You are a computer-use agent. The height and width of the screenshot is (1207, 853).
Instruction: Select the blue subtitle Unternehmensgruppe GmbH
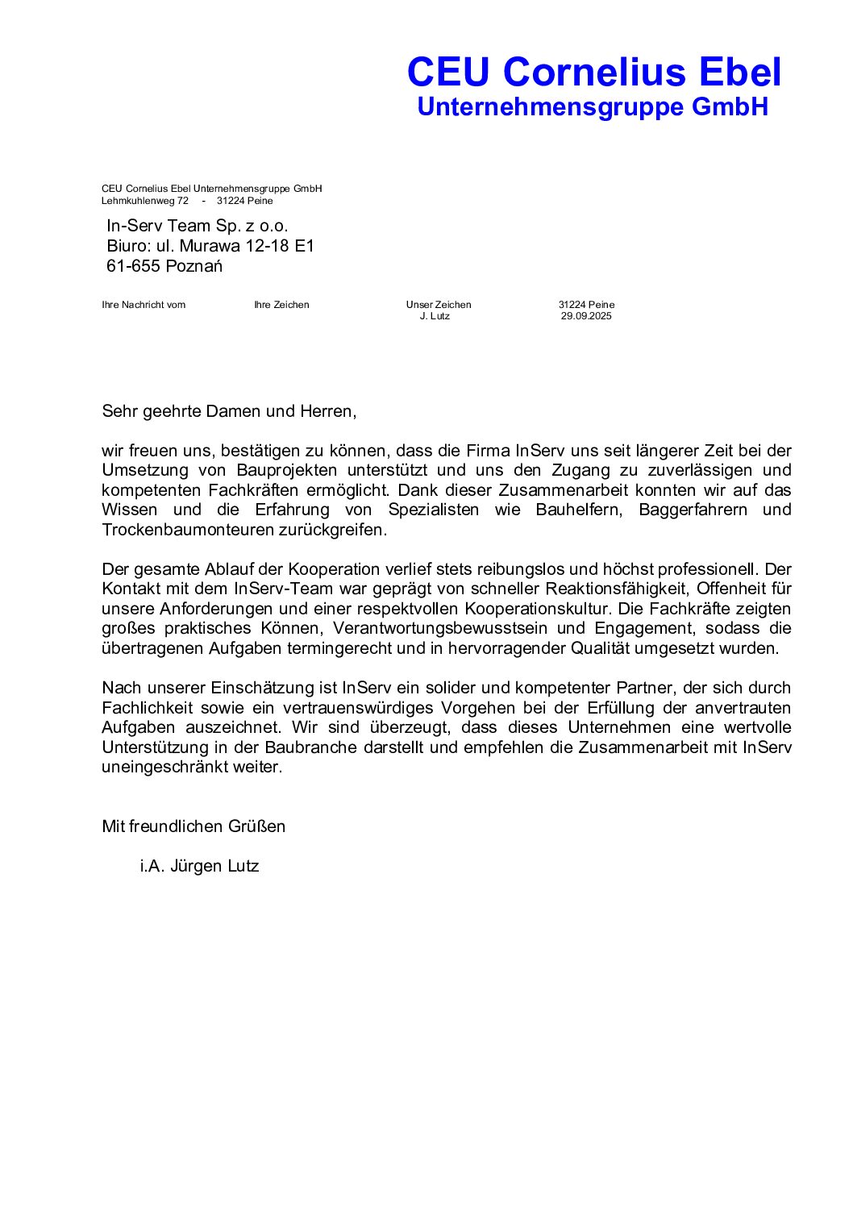click(x=593, y=107)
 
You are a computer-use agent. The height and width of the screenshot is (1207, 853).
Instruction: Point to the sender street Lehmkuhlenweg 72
click(x=145, y=201)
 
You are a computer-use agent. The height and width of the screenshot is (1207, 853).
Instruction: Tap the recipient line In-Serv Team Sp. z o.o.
click(x=198, y=226)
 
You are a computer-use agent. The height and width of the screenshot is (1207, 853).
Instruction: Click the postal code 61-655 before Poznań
click(x=133, y=266)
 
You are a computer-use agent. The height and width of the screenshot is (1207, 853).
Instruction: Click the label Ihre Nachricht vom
click(x=144, y=305)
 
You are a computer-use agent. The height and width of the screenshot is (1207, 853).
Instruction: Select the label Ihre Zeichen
click(x=281, y=305)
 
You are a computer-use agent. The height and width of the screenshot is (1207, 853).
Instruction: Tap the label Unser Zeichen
click(x=439, y=305)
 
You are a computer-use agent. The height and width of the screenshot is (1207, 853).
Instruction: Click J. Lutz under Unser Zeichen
click(x=435, y=316)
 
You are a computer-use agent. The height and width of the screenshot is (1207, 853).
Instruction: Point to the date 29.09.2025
click(x=586, y=316)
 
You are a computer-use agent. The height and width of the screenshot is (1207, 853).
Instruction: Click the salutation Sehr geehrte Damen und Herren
click(x=229, y=411)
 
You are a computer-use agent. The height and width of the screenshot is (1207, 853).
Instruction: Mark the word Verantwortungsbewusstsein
click(x=440, y=628)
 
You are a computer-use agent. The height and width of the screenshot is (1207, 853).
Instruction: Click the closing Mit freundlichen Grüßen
click(x=193, y=826)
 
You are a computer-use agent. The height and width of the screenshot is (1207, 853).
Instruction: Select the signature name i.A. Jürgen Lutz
click(x=199, y=866)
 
